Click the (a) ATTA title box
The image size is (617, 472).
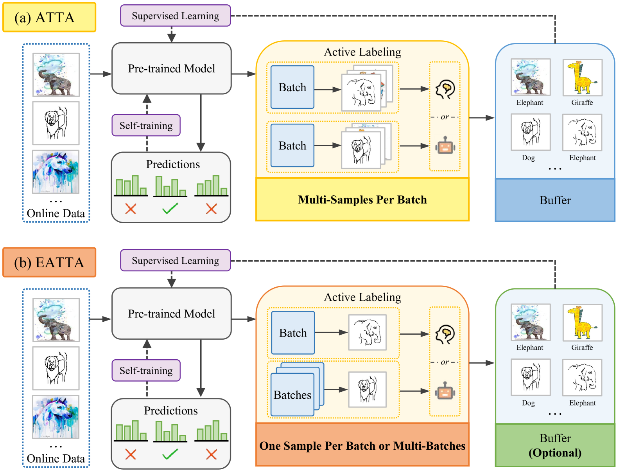(x=49, y=18)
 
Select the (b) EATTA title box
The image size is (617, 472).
(x=49, y=262)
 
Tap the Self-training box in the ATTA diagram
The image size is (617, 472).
(x=146, y=125)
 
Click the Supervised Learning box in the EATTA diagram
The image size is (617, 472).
(x=175, y=260)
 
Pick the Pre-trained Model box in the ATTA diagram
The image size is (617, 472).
(x=171, y=68)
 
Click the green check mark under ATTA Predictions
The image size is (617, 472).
(x=170, y=209)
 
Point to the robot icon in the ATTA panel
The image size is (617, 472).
(x=445, y=146)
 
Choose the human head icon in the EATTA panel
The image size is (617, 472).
(x=445, y=334)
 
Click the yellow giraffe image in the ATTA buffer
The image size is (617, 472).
(x=582, y=77)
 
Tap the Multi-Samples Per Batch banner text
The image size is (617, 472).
(x=362, y=200)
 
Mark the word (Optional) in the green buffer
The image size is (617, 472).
(x=555, y=453)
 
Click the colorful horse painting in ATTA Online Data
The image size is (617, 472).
(x=56, y=172)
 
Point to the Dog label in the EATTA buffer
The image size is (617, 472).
(x=528, y=403)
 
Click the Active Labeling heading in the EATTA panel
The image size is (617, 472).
(x=362, y=297)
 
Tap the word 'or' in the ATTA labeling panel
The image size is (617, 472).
(x=445, y=117)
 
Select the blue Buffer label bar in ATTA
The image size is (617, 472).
(x=555, y=200)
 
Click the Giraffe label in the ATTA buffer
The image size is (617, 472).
(x=582, y=103)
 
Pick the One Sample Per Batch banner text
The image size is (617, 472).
(x=362, y=446)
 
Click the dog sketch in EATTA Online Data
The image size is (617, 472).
(x=56, y=368)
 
